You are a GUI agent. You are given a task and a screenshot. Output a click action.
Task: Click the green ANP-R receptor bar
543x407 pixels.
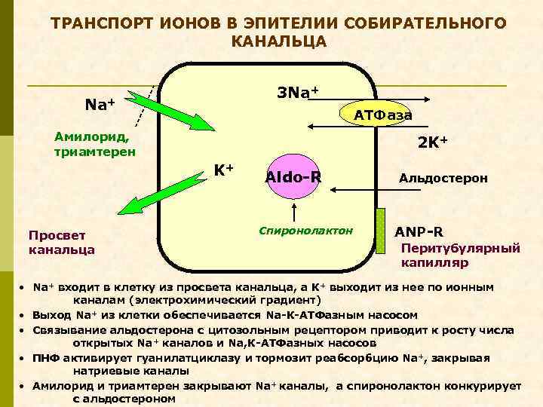(x=382, y=227)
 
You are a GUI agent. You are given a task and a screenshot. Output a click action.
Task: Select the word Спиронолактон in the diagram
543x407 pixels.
(x=305, y=229)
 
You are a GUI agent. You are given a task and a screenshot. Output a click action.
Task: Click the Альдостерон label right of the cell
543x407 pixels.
(x=443, y=179)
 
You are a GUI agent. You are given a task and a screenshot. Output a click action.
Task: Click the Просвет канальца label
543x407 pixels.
(x=61, y=242)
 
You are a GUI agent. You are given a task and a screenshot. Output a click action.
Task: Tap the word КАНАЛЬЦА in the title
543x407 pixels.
(x=280, y=41)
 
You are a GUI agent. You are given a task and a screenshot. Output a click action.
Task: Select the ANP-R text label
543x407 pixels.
(x=419, y=231)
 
